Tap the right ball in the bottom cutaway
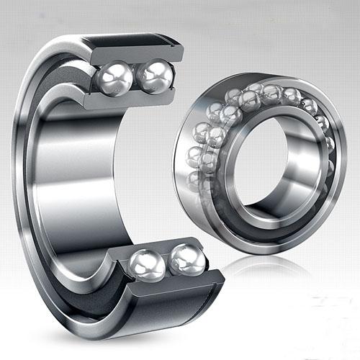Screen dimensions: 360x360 pos(186,259)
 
